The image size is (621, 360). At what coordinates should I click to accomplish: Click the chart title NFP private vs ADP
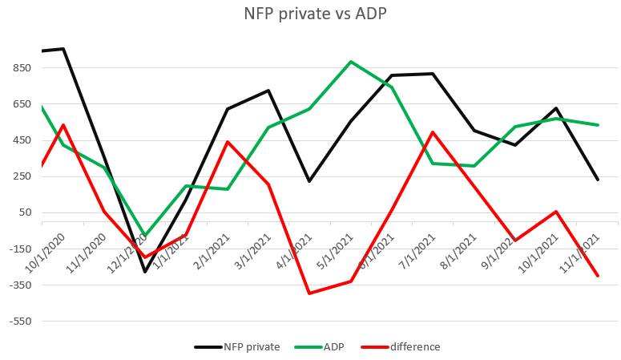tap(310, 14)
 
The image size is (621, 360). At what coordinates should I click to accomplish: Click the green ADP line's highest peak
tap(351, 62)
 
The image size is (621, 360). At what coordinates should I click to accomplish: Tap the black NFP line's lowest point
tap(145, 272)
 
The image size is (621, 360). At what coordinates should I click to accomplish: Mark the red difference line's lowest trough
tap(309, 293)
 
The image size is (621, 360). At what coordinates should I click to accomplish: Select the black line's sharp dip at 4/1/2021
tap(309, 181)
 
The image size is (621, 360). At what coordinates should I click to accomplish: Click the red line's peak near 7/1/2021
tap(433, 132)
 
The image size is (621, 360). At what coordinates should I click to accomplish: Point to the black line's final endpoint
tap(598, 180)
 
